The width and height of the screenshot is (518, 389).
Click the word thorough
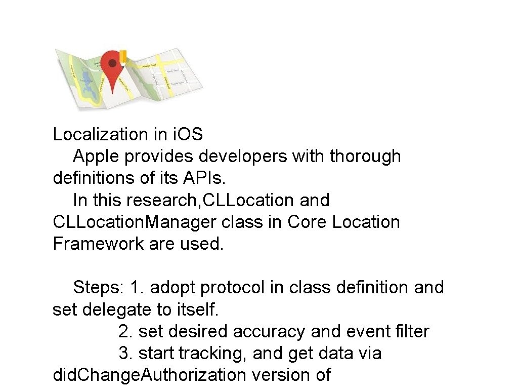point(365,157)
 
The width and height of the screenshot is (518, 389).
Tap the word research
point(163,201)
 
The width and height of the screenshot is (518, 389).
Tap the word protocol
point(232,288)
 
